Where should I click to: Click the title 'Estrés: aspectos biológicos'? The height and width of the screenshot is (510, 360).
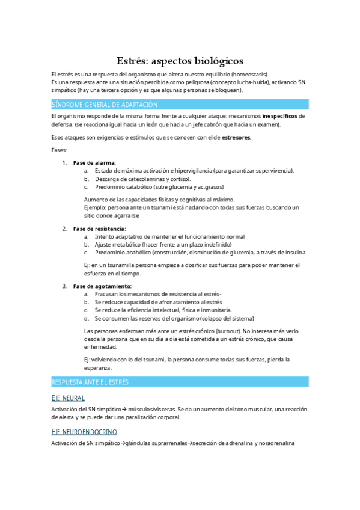tap(180, 61)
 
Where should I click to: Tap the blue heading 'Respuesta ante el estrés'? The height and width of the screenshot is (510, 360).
tap(90, 382)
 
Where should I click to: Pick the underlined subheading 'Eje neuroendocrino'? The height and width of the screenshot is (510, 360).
tap(84, 432)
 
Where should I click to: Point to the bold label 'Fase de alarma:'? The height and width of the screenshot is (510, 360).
tap(94, 163)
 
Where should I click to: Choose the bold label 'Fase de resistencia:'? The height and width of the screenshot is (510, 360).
tap(99, 229)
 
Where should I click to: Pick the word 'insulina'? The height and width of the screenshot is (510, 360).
tap(293, 253)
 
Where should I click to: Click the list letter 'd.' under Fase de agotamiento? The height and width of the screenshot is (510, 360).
tap(87, 318)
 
